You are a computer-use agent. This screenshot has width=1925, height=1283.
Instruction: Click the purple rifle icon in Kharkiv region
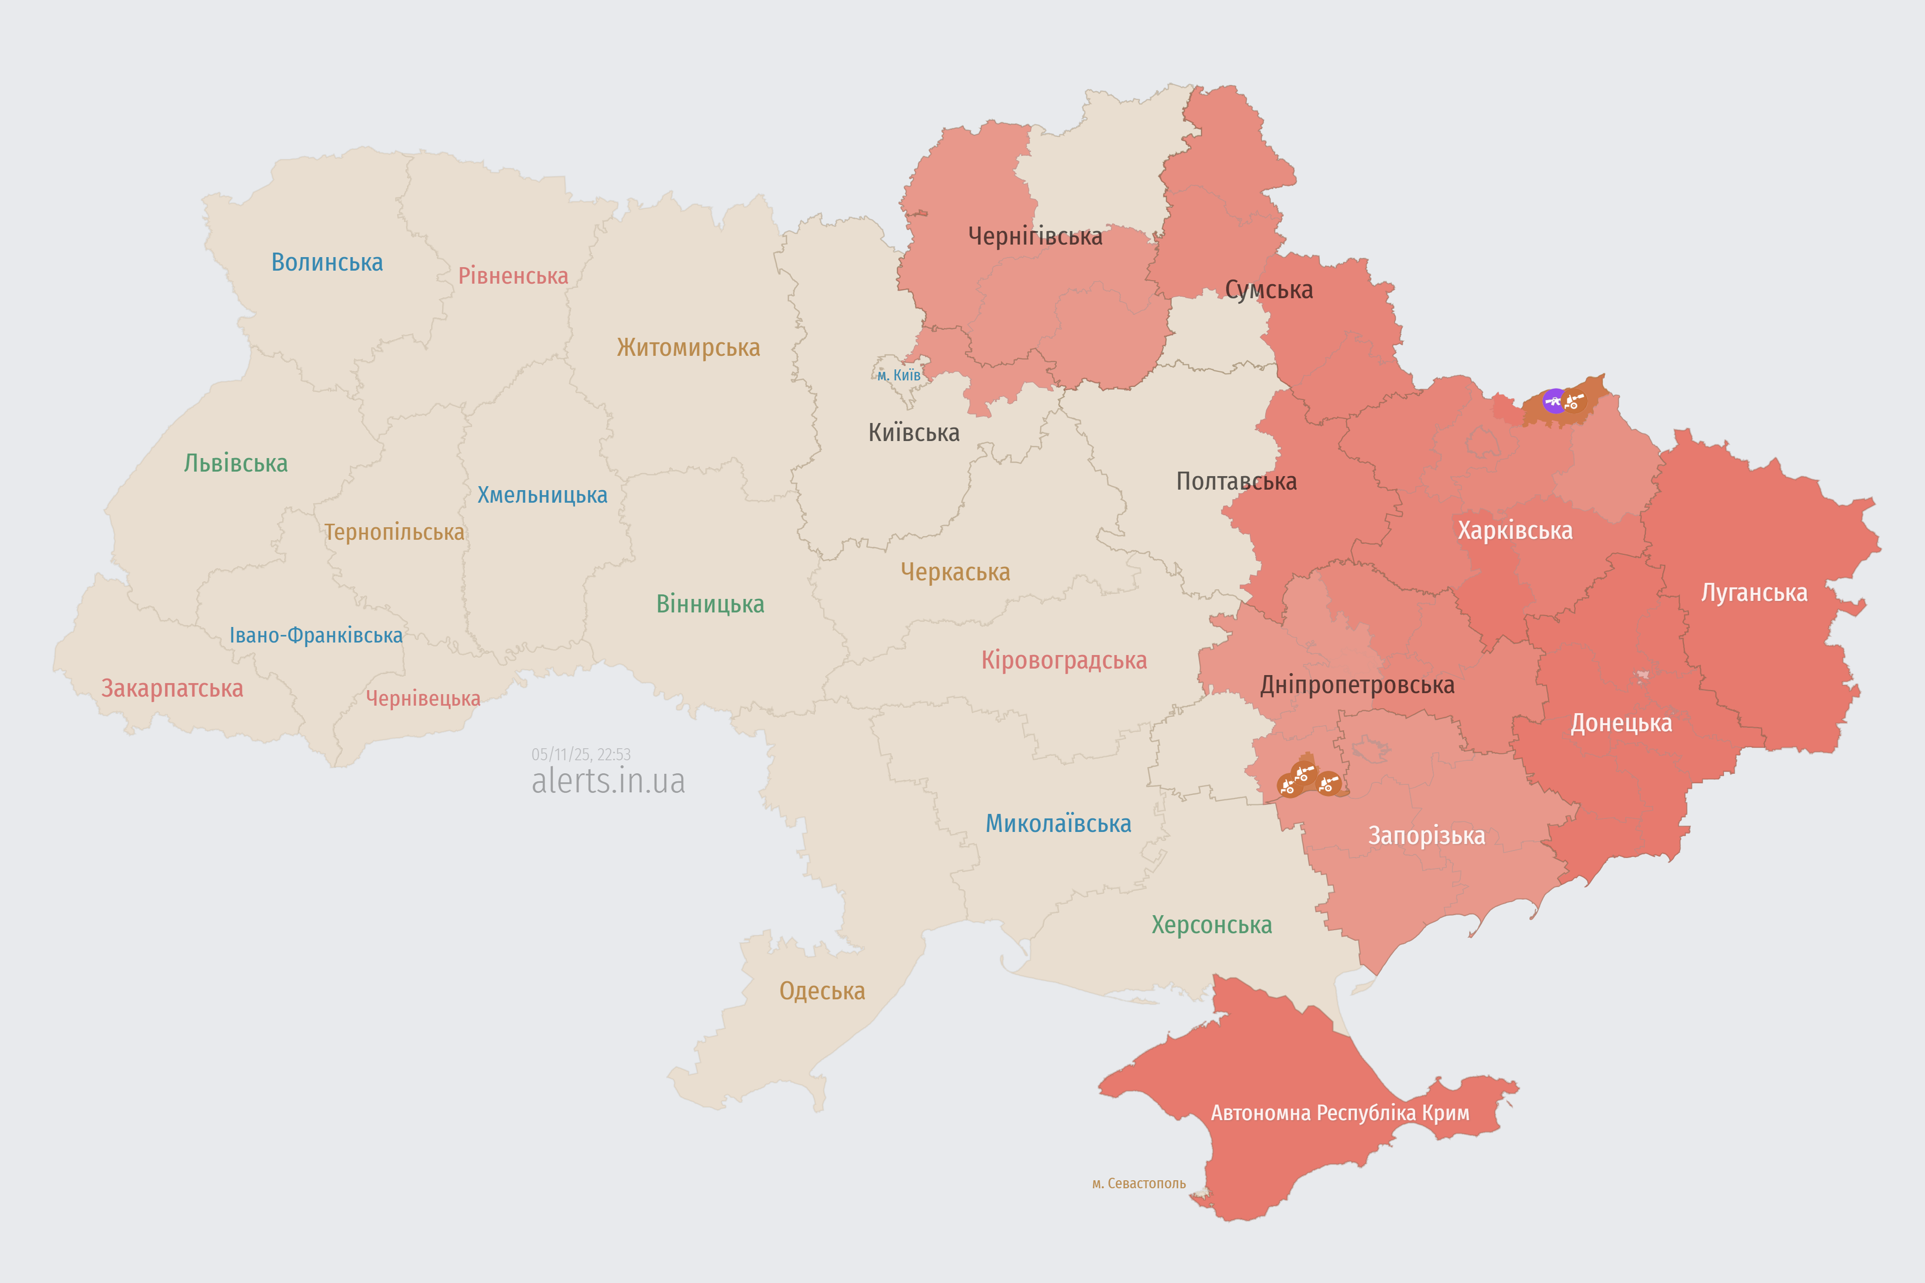tap(1554, 401)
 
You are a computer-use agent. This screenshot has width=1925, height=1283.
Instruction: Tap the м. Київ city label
tap(899, 375)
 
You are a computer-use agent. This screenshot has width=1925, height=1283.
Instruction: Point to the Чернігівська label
tap(1035, 237)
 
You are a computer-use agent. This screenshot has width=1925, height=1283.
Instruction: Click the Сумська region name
tap(1269, 290)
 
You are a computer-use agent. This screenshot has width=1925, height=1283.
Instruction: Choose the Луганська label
tap(1754, 592)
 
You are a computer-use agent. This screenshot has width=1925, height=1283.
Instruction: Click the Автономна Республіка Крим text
tap(1340, 1113)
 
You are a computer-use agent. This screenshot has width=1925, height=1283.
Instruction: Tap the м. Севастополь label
tap(1138, 1183)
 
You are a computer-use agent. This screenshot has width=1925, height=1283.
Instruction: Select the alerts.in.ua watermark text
tap(608, 781)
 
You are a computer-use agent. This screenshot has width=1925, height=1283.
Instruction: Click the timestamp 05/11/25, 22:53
tap(581, 754)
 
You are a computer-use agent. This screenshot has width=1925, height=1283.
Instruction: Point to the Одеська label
tap(822, 991)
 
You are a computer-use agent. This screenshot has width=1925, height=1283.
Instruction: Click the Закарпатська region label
tap(172, 688)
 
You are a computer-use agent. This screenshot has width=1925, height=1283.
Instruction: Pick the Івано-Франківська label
tap(316, 635)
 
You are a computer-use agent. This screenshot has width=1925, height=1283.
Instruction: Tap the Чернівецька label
tap(423, 698)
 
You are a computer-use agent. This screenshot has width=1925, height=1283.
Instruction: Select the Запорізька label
tap(1427, 835)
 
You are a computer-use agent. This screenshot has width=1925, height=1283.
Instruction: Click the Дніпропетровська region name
tap(1357, 685)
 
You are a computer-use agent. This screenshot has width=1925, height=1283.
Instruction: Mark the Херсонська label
tap(1211, 925)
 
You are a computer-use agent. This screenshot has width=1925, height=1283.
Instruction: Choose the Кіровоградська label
tap(1064, 661)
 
